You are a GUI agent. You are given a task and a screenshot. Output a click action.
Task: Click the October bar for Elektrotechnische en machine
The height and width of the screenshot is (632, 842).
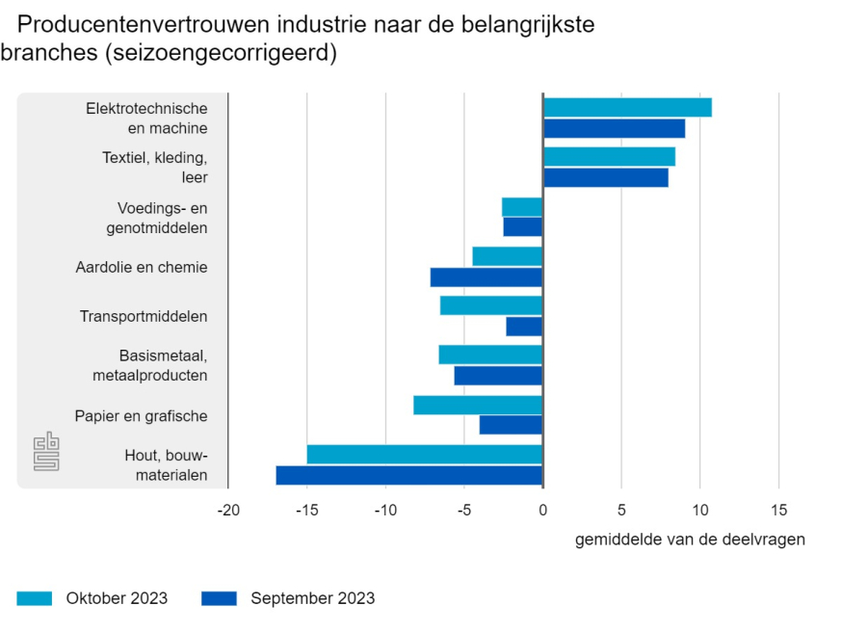(627, 107)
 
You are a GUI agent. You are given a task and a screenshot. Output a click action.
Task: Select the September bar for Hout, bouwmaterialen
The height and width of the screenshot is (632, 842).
(409, 475)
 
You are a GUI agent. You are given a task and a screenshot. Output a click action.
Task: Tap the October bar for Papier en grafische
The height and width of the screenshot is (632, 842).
(478, 405)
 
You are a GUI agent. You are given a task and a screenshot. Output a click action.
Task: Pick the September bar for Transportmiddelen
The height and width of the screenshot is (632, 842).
(524, 327)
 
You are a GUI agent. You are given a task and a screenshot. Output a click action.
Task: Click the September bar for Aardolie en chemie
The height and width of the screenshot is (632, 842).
(487, 277)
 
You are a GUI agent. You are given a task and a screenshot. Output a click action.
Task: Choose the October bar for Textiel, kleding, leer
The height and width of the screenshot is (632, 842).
(609, 156)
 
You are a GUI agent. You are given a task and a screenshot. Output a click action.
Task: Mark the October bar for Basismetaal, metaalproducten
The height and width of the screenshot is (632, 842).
(490, 355)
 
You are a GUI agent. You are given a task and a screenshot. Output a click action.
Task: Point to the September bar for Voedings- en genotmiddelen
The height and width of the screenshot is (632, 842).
(523, 227)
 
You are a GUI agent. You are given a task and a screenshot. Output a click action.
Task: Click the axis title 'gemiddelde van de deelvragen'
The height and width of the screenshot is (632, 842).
(690, 540)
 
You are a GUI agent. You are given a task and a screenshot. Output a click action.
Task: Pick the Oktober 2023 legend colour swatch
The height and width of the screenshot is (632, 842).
(34, 598)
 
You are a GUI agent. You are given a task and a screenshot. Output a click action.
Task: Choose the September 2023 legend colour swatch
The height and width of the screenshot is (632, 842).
(219, 598)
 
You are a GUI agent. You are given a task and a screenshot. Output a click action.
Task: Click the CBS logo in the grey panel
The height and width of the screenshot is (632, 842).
(46, 452)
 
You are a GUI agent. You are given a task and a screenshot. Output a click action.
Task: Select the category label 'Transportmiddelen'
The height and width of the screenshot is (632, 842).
(144, 316)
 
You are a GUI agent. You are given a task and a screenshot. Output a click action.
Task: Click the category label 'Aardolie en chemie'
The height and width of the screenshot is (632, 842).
(142, 267)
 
